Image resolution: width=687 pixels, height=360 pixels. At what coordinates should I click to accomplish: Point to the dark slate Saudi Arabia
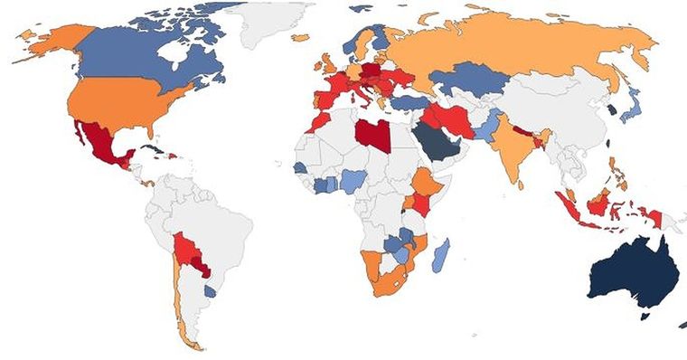pyautogui.click(x=435, y=141)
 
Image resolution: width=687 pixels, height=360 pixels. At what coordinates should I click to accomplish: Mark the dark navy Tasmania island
pyautogui.click(x=645, y=315)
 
